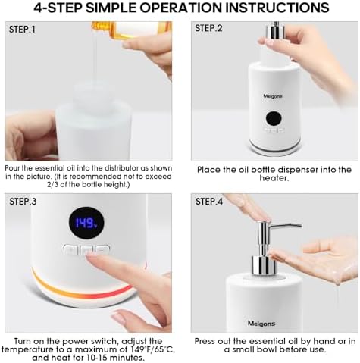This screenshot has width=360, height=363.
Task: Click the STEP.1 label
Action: point(22,30)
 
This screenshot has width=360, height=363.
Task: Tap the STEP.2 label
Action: point(208,28)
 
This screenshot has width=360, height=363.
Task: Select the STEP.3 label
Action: point(23,202)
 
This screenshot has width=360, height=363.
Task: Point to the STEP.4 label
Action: point(209,202)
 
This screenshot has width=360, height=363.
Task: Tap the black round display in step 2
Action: point(274,118)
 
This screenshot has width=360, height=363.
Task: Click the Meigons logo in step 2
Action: point(273,96)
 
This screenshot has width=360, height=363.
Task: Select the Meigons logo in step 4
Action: point(261,324)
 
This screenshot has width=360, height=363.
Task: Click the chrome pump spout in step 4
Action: point(286,226)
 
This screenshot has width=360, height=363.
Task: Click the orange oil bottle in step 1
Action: point(132,30)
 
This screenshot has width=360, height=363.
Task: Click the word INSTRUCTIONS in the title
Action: point(277,8)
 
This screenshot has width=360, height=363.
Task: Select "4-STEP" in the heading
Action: point(58,8)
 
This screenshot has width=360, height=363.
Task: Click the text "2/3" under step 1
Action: point(53,184)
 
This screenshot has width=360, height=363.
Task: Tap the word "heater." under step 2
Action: point(274,178)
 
